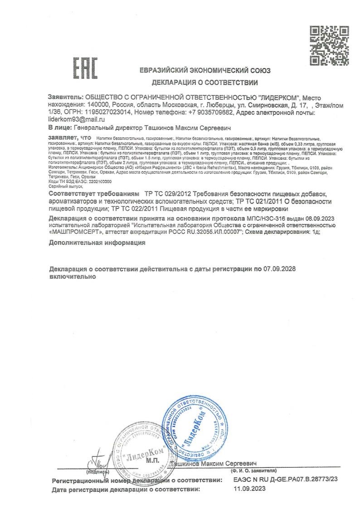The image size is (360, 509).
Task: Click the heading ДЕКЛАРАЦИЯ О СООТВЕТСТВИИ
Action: (205, 83)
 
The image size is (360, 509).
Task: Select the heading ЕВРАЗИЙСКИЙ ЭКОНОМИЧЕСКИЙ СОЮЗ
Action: (205, 71)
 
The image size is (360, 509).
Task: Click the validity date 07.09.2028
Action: (279, 269)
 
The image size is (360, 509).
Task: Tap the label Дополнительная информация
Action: (97, 243)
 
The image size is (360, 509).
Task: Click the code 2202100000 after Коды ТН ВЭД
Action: (88, 181)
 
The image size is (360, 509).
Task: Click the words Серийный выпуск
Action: (60, 186)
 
